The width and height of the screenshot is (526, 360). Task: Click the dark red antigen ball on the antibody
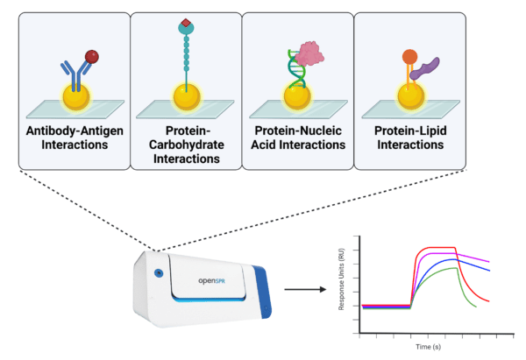click(91, 57)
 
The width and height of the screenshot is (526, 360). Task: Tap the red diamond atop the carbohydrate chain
click(186, 23)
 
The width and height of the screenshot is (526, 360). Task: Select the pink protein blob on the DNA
click(309, 53)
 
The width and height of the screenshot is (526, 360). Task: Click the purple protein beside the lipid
click(424, 68)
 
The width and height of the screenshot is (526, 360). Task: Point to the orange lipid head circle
click(409, 57)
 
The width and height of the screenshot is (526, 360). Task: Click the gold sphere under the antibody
click(76, 97)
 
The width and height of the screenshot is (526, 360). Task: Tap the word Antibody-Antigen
click(75, 131)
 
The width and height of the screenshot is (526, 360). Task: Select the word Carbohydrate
click(187, 145)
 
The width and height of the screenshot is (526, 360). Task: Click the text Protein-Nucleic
click(298, 131)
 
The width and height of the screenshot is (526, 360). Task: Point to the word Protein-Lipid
click(410, 131)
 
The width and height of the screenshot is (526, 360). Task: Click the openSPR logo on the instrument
click(211, 280)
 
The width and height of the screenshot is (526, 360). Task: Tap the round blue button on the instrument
click(159, 273)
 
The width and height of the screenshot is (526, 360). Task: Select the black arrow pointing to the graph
click(305, 289)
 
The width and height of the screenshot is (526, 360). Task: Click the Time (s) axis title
click(429, 347)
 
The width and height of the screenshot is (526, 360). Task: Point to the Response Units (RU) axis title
click(341, 279)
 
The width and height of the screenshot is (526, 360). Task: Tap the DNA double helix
click(296, 68)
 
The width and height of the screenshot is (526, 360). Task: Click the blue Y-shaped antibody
click(75, 74)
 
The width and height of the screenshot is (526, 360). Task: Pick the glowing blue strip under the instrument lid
click(209, 299)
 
